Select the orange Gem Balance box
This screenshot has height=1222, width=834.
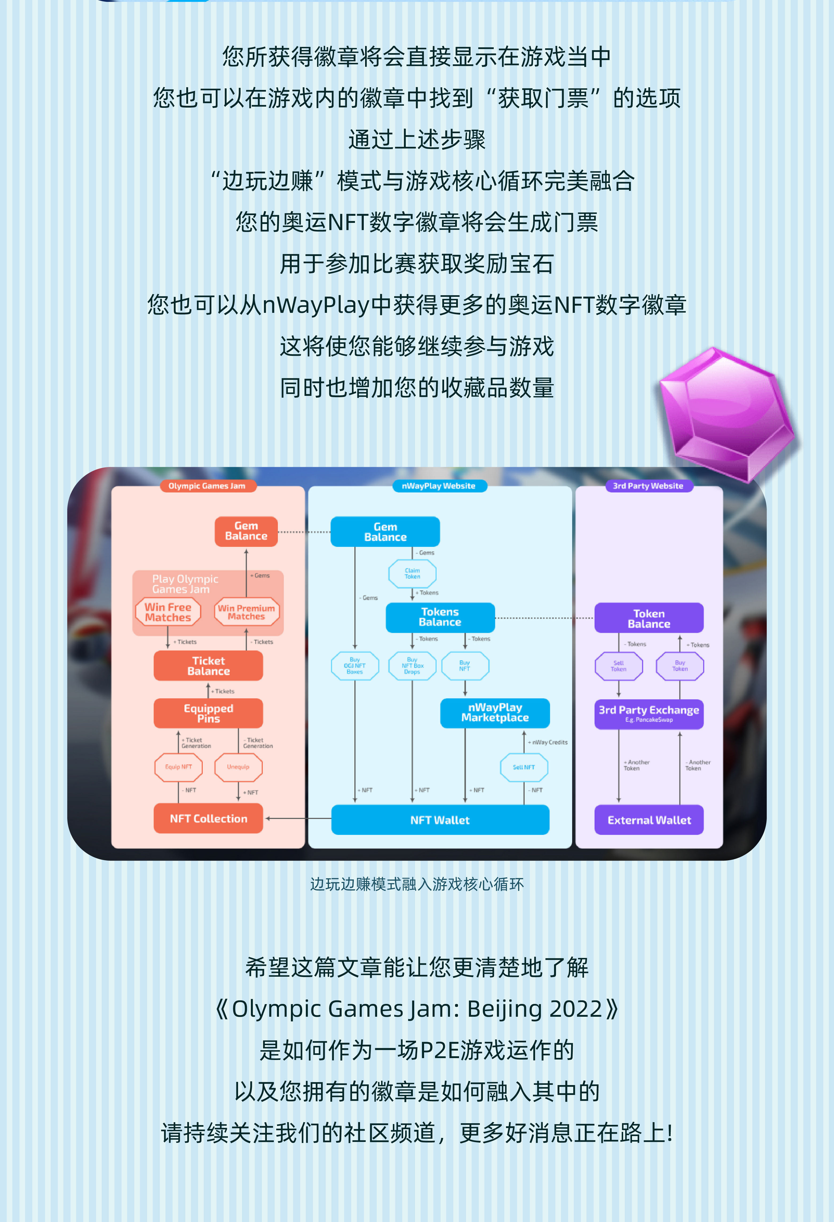pos(246,531)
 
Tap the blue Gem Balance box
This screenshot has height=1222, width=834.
pos(385,532)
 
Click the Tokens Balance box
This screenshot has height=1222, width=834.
pos(440,617)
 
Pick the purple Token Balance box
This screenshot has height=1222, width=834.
pos(649,618)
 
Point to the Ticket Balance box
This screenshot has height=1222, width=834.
pos(208,666)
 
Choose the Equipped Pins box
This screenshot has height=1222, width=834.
pos(208,713)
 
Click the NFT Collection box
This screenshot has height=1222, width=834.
pos(208,819)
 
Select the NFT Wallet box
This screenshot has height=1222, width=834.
pos(440,820)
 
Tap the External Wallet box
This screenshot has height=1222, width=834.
pos(649,820)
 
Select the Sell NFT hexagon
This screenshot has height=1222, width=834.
pos(524,767)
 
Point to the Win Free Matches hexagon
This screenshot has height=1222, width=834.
pos(168,612)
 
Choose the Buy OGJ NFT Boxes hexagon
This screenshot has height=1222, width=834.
pos(355,666)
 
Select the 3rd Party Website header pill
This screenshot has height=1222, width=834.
pos(648,486)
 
